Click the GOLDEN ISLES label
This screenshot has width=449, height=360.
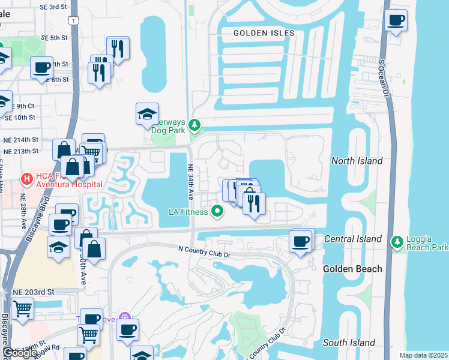point(264,33)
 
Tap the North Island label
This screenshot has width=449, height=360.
point(357,161)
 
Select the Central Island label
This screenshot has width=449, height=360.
point(353,239)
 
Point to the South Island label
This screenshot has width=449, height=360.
point(349,343)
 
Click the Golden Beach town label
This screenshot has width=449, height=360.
point(353,269)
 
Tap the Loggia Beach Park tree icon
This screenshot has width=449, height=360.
point(397,242)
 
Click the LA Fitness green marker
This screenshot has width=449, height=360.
point(217,211)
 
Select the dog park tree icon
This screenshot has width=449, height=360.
point(194,125)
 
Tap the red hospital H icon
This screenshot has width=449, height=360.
point(27,178)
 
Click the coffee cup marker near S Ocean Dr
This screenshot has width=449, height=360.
point(395,22)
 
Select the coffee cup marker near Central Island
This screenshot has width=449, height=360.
point(300,242)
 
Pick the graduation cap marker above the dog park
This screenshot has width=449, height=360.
point(147,115)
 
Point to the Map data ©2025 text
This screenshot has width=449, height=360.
point(423,355)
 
